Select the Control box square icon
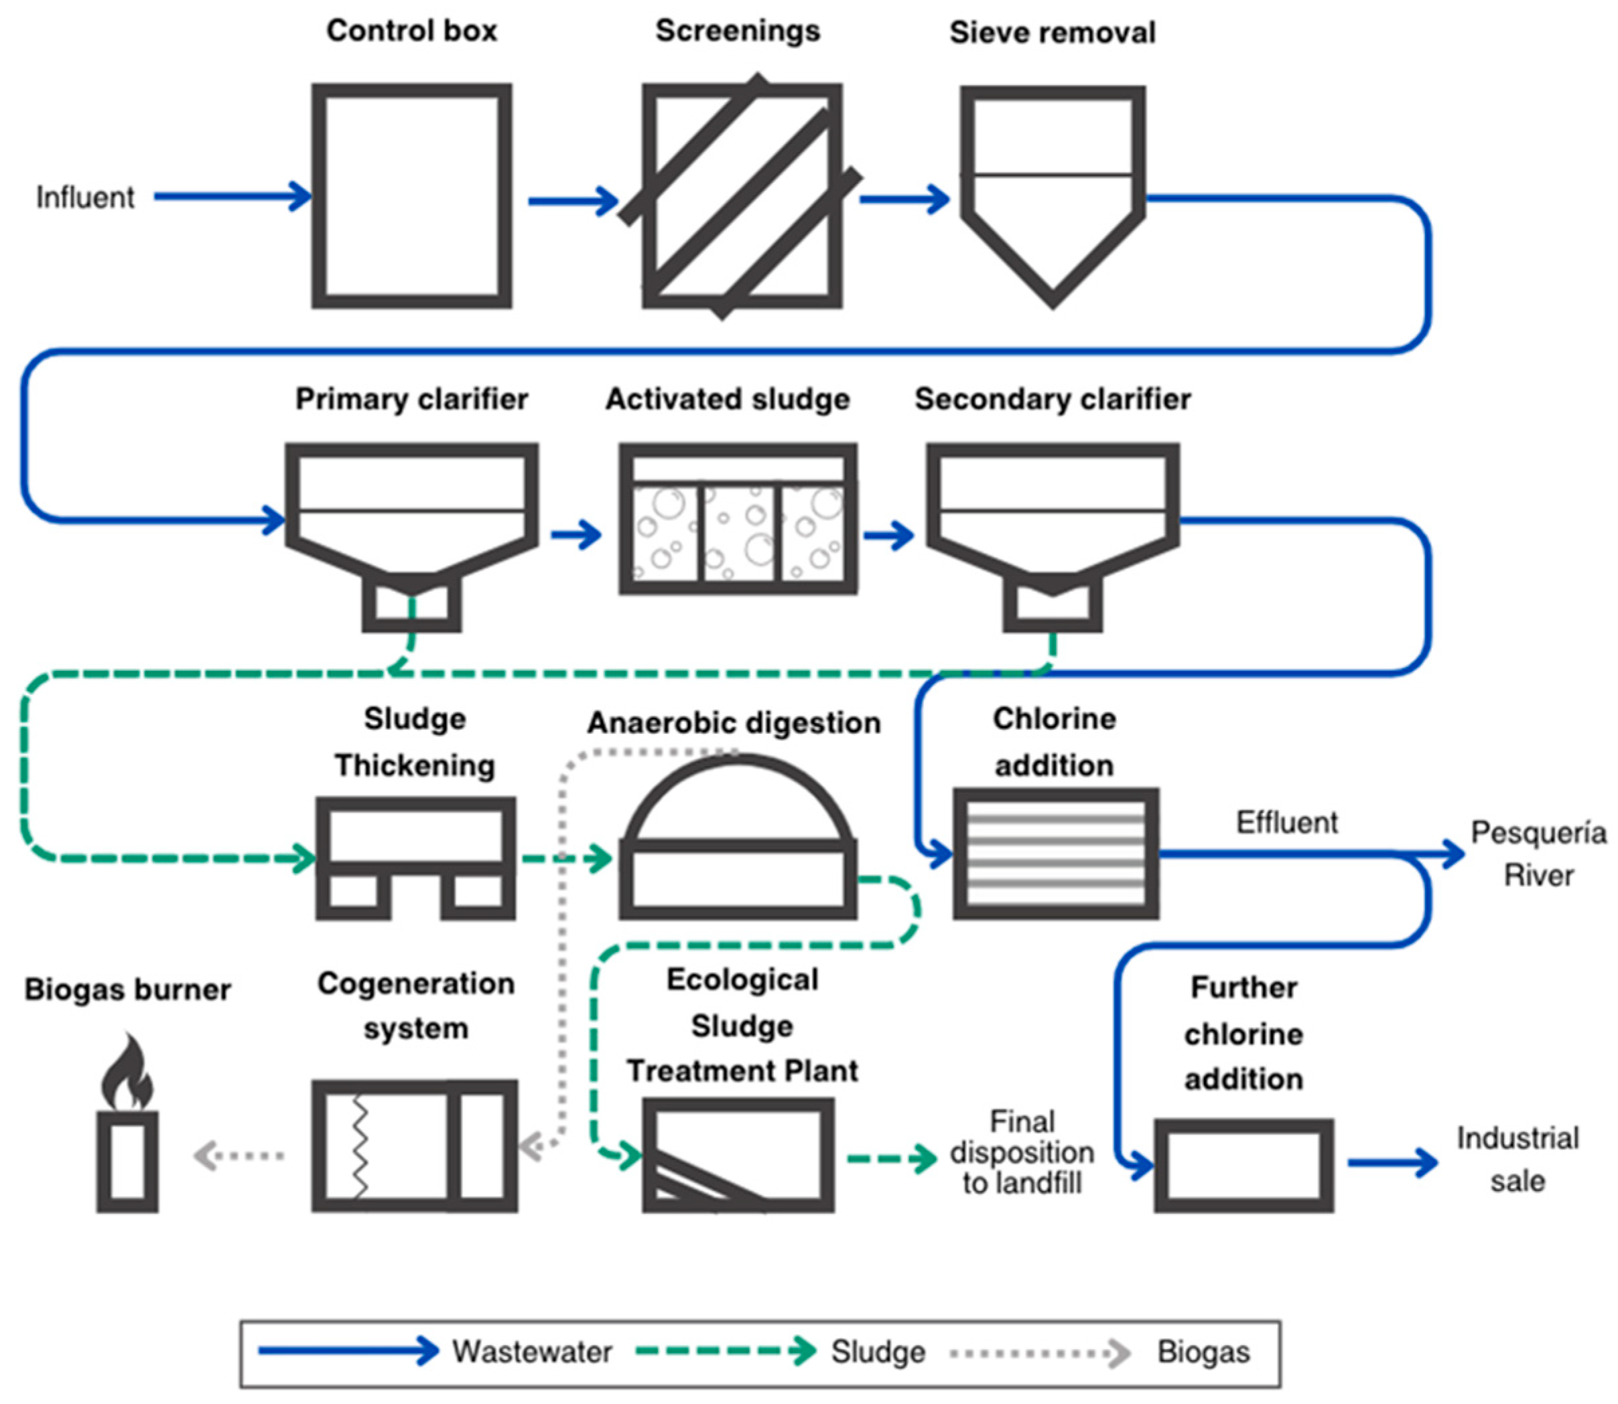[x=411, y=196]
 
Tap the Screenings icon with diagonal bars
[x=742, y=196]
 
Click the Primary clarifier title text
[x=411, y=399]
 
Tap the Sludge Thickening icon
[x=415, y=857]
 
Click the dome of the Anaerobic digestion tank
[x=738, y=799]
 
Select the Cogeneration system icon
[x=414, y=1146]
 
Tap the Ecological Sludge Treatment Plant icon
[x=737, y=1155]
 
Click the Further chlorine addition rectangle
[x=1243, y=1165]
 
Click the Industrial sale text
[x=1517, y=1159]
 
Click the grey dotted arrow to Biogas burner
[x=239, y=1155]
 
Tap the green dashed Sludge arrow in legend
[x=725, y=1350]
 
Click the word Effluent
[x=1286, y=822]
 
